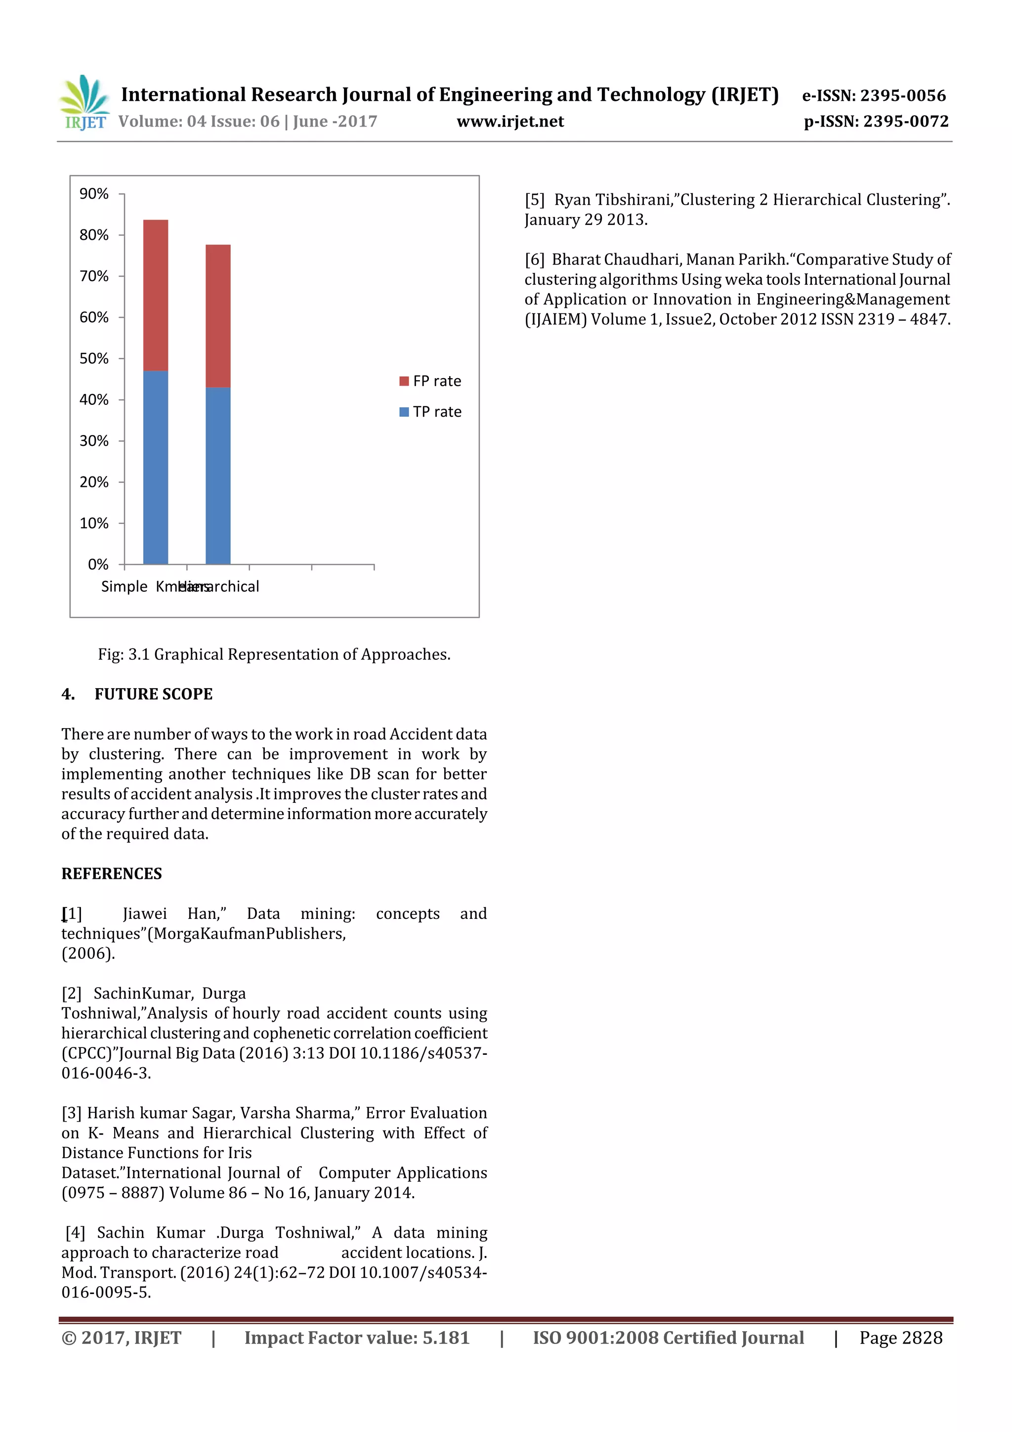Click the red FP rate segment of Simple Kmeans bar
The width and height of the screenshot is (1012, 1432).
click(x=155, y=295)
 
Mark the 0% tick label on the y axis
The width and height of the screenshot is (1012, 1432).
click(x=98, y=564)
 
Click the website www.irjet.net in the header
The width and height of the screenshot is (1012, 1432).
click(x=510, y=121)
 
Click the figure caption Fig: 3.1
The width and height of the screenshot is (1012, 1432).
click(x=274, y=654)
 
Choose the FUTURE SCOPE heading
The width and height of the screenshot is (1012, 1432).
click(x=153, y=694)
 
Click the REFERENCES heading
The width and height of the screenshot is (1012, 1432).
click(x=112, y=874)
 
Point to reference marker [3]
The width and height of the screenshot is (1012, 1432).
click(x=72, y=1113)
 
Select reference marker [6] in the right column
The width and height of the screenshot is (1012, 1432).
click(x=534, y=260)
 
